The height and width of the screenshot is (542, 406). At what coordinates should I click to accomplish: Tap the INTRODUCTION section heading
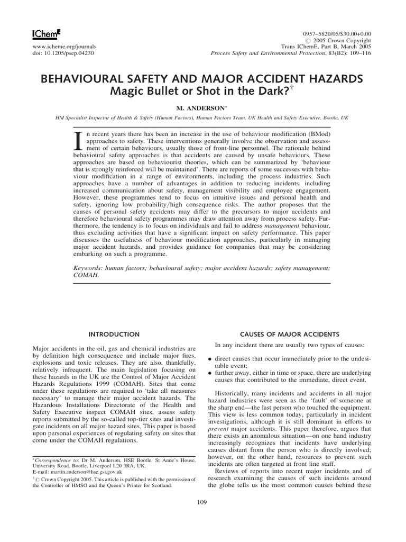(114, 335)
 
